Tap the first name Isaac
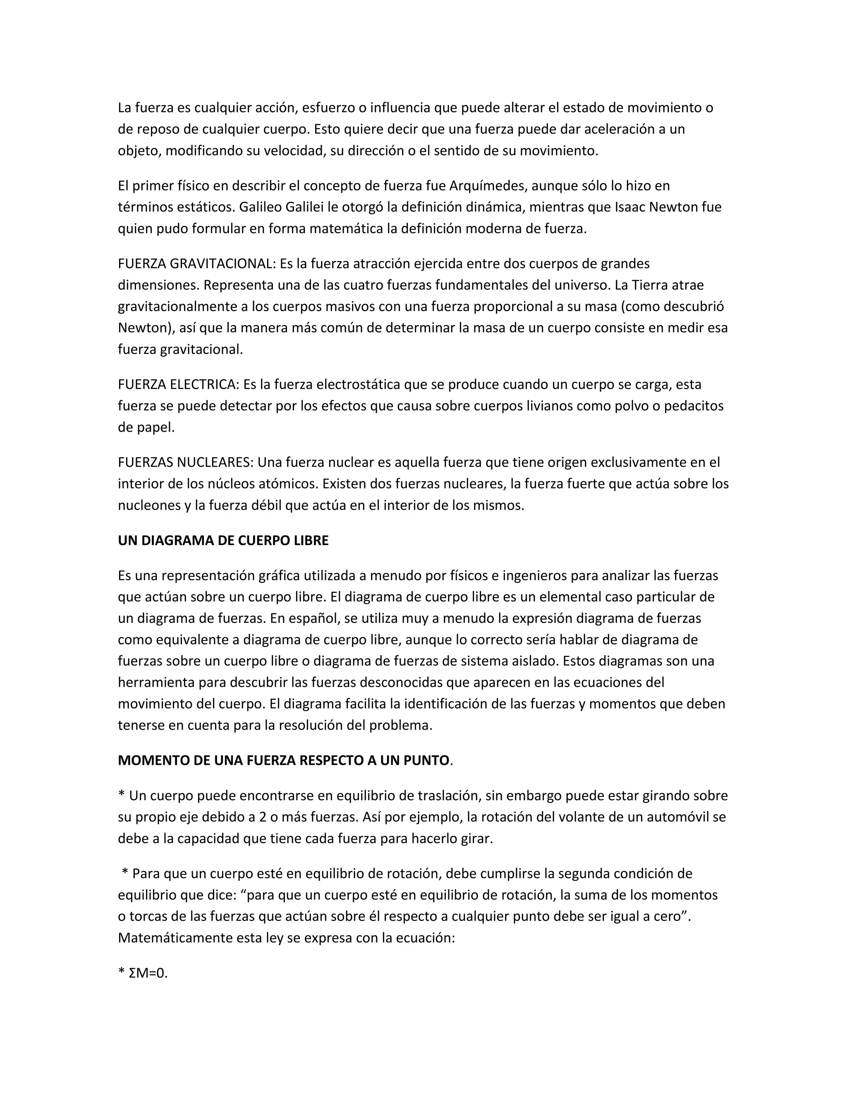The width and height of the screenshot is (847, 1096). click(630, 207)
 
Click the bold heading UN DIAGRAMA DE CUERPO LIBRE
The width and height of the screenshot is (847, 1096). click(223, 541)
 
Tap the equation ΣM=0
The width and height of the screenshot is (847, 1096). click(148, 973)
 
